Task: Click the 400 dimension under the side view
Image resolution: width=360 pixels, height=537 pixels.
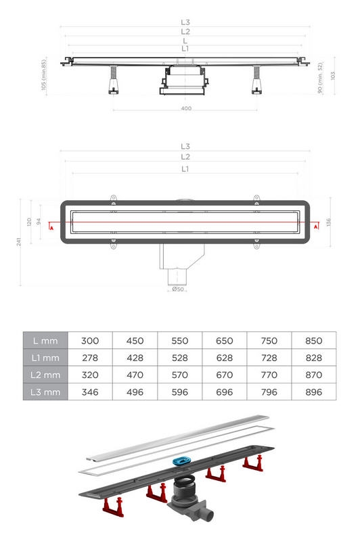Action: point(186,108)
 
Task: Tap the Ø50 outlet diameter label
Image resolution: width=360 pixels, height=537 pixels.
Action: point(178,289)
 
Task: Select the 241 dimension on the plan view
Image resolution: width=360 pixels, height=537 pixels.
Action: point(19,242)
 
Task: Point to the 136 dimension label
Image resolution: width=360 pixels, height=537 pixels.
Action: point(328,223)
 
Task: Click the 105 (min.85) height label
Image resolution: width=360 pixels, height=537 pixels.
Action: point(43,74)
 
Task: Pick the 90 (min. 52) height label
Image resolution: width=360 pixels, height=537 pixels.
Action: point(320,78)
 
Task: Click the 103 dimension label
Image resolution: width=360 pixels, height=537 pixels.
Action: point(333,76)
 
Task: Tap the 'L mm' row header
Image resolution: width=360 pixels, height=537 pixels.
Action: point(45,341)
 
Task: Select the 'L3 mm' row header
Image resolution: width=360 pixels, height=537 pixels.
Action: point(45,392)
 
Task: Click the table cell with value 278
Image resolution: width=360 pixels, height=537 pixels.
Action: point(90,358)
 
